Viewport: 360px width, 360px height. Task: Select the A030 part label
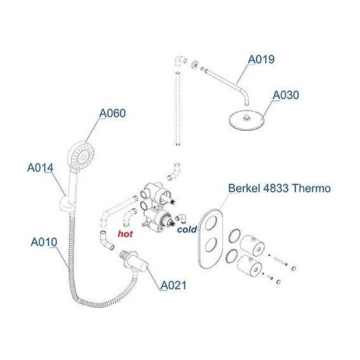(x=285, y=95)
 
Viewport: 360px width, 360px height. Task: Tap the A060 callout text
(x=112, y=114)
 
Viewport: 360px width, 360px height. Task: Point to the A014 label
(x=40, y=168)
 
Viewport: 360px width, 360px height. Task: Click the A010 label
(x=44, y=241)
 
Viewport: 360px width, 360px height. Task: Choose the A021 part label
(x=172, y=285)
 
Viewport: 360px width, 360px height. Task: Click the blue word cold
(x=187, y=230)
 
